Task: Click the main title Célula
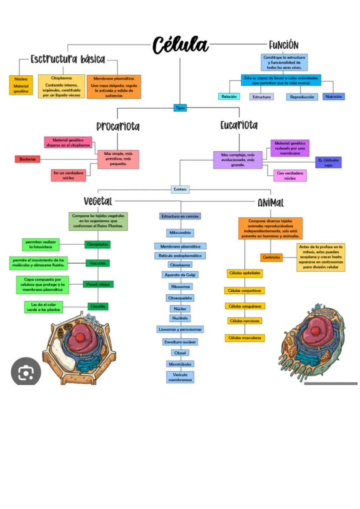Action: pyautogui.click(x=180, y=45)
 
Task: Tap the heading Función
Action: pyautogui.click(x=283, y=45)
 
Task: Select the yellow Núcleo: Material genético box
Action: pyautogui.click(x=20, y=85)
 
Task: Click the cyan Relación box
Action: pyautogui.click(x=229, y=96)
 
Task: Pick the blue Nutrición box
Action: pyautogui.click(x=333, y=96)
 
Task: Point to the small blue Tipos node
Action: pyautogui.click(x=180, y=108)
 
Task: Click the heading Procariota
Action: pyautogui.click(x=118, y=126)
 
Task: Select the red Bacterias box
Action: pyautogui.click(x=27, y=159)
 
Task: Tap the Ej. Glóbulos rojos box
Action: pyautogui.click(x=328, y=162)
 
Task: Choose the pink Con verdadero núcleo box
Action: pyautogui.click(x=290, y=176)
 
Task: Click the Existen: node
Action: pyautogui.click(x=180, y=190)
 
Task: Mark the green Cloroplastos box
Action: pyautogui.click(x=97, y=244)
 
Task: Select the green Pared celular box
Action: pyautogui.click(x=98, y=284)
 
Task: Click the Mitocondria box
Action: pyautogui.click(x=180, y=233)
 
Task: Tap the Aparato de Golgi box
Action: pyautogui.click(x=180, y=275)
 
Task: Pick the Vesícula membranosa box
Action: pyautogui.click(x=180, y=377)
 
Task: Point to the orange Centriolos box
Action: pyautogui.click(x=271, y=257)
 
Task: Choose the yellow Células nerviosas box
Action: pyautogui.click(x=244, y=321)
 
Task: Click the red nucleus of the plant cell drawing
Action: pyautogui.click(x=80, y=337)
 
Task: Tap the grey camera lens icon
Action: pyautogui.click(x=26, y=372)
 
